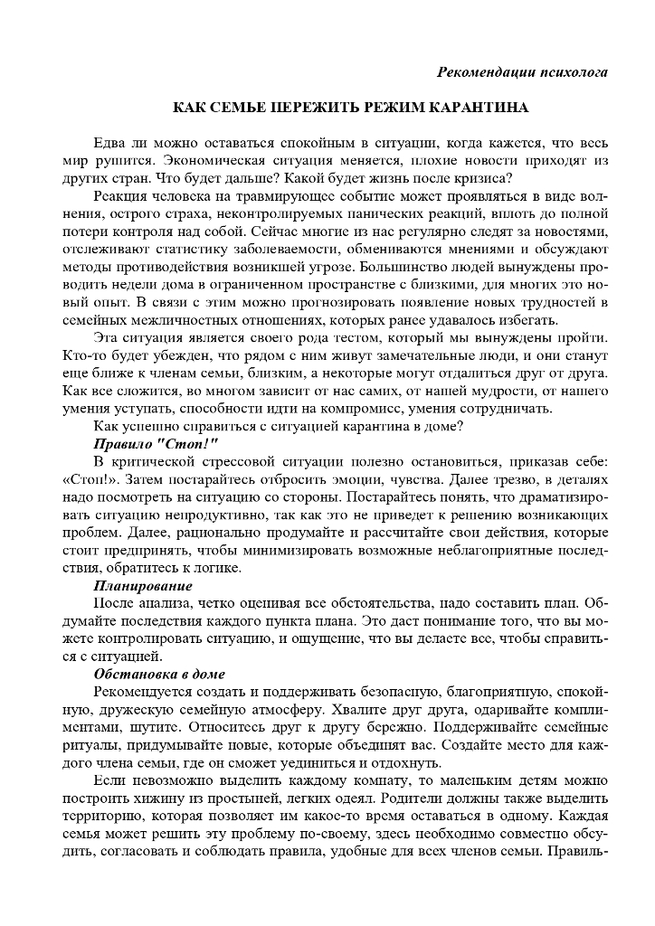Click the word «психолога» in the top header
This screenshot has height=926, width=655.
tap(566, 71)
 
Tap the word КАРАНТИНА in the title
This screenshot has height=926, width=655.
tap(477, 108)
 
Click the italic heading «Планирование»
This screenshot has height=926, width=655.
tap(143, 586)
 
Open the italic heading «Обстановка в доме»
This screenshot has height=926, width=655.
tap(159, 675)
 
